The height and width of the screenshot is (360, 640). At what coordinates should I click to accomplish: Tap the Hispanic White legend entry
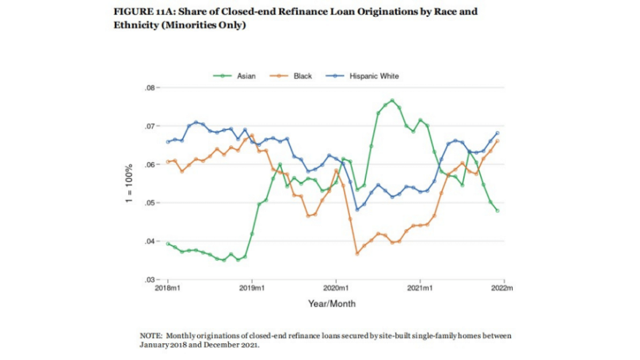[x=373, y=76]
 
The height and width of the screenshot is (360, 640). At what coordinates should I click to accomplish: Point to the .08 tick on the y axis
[x=152, y=88]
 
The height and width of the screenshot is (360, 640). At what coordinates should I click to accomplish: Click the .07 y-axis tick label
[x=152, y=126]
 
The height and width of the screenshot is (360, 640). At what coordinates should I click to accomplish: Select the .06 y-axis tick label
[x=152, y=165]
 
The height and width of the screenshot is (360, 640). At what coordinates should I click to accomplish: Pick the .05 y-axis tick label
[x=152, y=203]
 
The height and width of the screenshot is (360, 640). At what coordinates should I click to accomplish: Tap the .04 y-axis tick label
[x=152, y=242]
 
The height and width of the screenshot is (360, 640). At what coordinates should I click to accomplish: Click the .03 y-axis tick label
[x=152, y=280]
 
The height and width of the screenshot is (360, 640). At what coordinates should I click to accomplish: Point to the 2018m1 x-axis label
[x=168, y=288]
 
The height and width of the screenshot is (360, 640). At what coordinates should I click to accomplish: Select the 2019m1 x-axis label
[x=252, y=288]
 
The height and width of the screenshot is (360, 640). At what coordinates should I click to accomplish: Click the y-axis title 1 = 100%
[x=129, y=185]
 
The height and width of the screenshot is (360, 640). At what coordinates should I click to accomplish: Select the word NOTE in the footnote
[x=150, y=335]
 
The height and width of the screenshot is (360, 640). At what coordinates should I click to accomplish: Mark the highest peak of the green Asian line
[x=392, y=100]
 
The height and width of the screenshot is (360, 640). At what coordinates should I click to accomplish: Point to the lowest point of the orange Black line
[x=357, y=253]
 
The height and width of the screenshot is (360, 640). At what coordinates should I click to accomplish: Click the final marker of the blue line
[x=498, y=134]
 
